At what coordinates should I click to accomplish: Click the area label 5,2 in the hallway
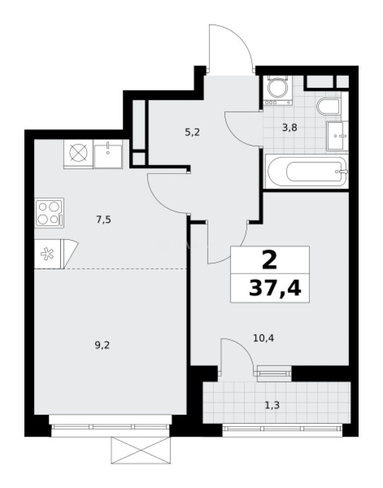coord(192,132)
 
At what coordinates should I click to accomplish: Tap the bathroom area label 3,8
coord(290,127)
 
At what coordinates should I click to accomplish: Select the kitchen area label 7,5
coord(103,220)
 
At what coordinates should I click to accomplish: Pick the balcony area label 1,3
coord(272,405)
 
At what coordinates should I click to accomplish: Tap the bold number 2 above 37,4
coord(270,260)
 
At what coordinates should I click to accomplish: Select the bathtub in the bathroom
coord(307,171)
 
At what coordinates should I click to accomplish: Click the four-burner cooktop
coord(49,213)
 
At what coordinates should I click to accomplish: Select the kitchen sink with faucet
coord(108,154)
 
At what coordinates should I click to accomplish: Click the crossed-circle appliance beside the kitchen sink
coord(78,154)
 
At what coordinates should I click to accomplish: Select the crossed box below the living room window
coord(140,450)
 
